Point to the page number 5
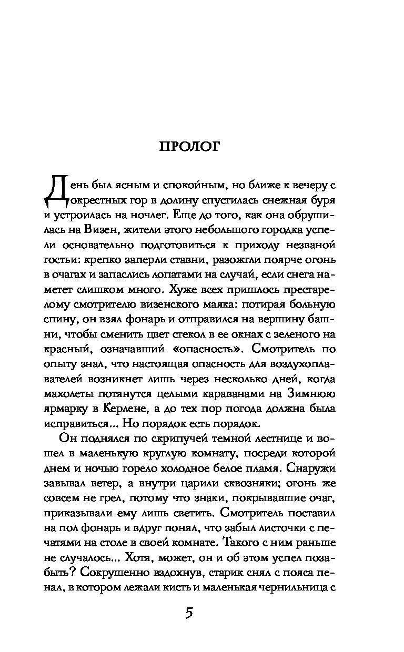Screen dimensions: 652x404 pyautogui.click(x=190, y=614)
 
